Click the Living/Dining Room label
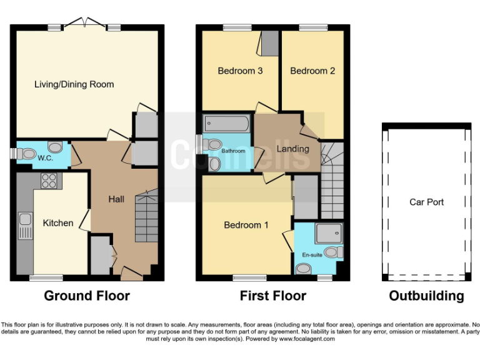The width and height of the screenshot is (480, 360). (74, 84)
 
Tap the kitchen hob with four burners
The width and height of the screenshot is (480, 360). (49, 181)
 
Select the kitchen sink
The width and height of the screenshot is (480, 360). (26, 226)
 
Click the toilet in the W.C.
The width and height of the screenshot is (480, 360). (27, 154)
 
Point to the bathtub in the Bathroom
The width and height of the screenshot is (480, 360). (226, 123)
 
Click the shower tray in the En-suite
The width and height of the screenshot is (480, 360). (329, 233)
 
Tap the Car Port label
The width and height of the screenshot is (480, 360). (426, 202)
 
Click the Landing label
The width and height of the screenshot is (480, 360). (293, 149)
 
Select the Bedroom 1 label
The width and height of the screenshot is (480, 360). (246, 225)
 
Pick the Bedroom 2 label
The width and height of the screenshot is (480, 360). (312, 71)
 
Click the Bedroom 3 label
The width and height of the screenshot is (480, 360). (240, 71)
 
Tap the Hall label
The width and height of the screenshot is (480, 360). (116, 199)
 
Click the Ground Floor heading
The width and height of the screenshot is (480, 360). (87, 296)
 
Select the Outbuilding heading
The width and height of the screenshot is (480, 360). (426, 296)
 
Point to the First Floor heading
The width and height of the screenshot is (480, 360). (273, 296)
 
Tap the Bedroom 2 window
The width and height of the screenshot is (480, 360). (313, 27)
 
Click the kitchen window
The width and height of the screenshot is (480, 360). (46, 278)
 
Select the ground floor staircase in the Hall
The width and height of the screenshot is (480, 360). (147, 216)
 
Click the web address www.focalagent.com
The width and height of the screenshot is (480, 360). (307, 339)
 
